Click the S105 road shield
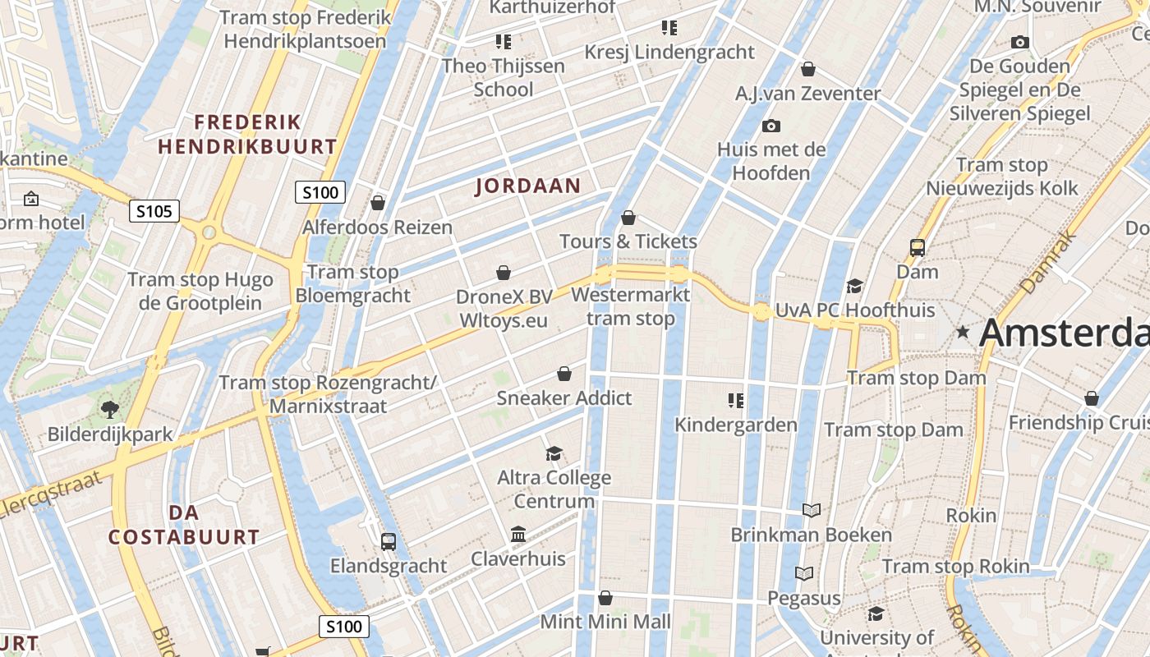pos(154,212)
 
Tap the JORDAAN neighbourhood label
pos(528,186)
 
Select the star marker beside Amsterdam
pos(963,333)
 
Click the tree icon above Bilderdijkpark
pos(109,409)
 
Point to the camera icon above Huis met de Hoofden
pos(770,126)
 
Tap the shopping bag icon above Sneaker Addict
pos(564,374)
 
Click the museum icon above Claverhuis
pos(518,535)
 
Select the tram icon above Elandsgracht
pos(389,541)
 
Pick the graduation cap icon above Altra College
pos(554,453)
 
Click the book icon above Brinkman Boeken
pos(812,510)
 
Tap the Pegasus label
pos(804,598)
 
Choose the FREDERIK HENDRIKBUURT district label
pos(247,135)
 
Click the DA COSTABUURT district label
pos(184,525)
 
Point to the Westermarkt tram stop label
pos(631,306)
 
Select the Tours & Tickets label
pos(628,241)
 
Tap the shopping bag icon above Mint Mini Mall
pos(605,598)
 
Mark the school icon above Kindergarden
pos(735,401)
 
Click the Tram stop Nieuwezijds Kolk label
pos(1002,177)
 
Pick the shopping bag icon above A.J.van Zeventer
pos(808,69)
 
